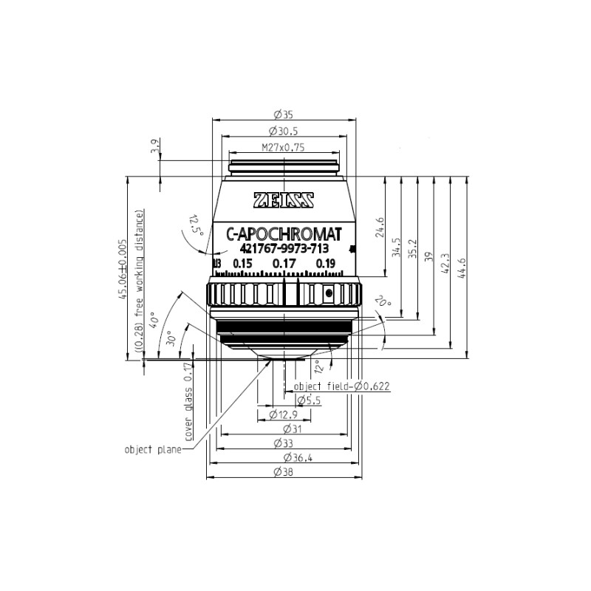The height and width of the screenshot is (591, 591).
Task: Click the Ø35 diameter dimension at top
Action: [x=284, y=115]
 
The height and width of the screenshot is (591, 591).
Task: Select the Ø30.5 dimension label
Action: [x=284, y=131]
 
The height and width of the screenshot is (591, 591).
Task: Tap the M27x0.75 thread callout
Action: [x=283, y=147]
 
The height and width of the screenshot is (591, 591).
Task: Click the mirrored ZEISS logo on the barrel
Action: [x=284, y=200]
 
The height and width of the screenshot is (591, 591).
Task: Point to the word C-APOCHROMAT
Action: [x=284, y=234]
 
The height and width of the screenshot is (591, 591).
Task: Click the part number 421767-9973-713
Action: [x=284, y=249]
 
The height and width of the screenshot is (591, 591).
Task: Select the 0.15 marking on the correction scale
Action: [x=242, y=264]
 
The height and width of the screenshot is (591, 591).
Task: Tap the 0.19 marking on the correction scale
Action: [x=325, y=264]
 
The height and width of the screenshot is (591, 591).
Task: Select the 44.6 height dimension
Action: [x=463, y=265]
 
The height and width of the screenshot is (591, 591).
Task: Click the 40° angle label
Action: [x=154, y=320]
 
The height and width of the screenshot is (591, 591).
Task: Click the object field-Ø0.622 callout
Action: [x=341, y=386]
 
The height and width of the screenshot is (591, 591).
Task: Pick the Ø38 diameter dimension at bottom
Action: [x=284, y=472]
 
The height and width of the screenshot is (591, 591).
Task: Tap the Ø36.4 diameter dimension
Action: [x=284, y=458]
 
